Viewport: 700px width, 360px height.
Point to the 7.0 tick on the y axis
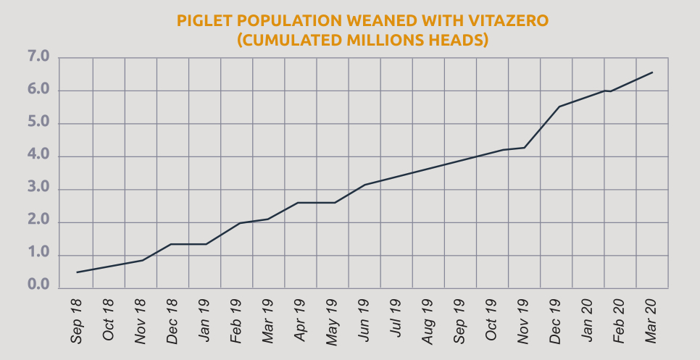tap(38, 57)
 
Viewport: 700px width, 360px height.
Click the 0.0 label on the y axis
tap(38, 288)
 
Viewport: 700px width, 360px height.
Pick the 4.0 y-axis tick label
tap(38, 156)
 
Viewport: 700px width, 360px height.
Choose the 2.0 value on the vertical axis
tap(38, 222)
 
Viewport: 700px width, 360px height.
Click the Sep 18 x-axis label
tap(76, 319)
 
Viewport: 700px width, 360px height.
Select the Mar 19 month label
tap(267, 319)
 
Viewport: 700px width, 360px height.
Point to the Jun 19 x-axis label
tap(363, 319)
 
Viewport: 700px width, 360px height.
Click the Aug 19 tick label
tap(428, 319)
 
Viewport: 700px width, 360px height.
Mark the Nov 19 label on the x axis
tap(523, 319)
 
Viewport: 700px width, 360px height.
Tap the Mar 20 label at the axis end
tap(651, 319)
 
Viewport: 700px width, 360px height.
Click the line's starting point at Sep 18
tap(77, 272)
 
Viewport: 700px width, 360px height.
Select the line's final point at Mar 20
tap(653, 72)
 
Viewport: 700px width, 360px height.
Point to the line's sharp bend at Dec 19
tap(559, 106)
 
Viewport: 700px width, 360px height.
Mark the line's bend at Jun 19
tap(364, 185)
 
